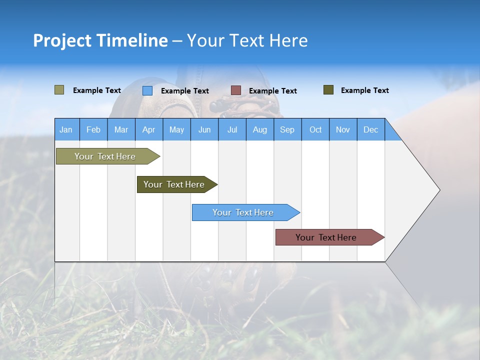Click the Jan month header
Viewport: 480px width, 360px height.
click(x=66, y=129)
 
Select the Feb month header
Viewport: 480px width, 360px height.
click(x=93, y=129)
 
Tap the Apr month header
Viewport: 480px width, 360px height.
click(x=148, y=129)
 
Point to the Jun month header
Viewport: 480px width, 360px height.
click(x=204, y=129)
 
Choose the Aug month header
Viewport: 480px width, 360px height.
click(x=259, y=129)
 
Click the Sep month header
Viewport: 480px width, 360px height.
click(x=287, y=129)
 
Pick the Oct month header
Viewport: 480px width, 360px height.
click(x=315, y=129)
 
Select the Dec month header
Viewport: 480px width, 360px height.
click(x=370, y=129)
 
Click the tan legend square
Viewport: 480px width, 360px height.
click(x=59, y=90)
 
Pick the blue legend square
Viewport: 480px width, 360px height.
click(x=147, y=90)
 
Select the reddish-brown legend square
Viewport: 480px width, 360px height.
click(x=236, y=90)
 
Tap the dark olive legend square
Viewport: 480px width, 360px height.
click(x=328, y=90)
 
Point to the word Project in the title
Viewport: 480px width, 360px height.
click(x=62, y=40)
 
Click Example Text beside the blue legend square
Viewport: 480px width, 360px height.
click(x=184, y=91)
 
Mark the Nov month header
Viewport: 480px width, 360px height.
click(x=342, y=129)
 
